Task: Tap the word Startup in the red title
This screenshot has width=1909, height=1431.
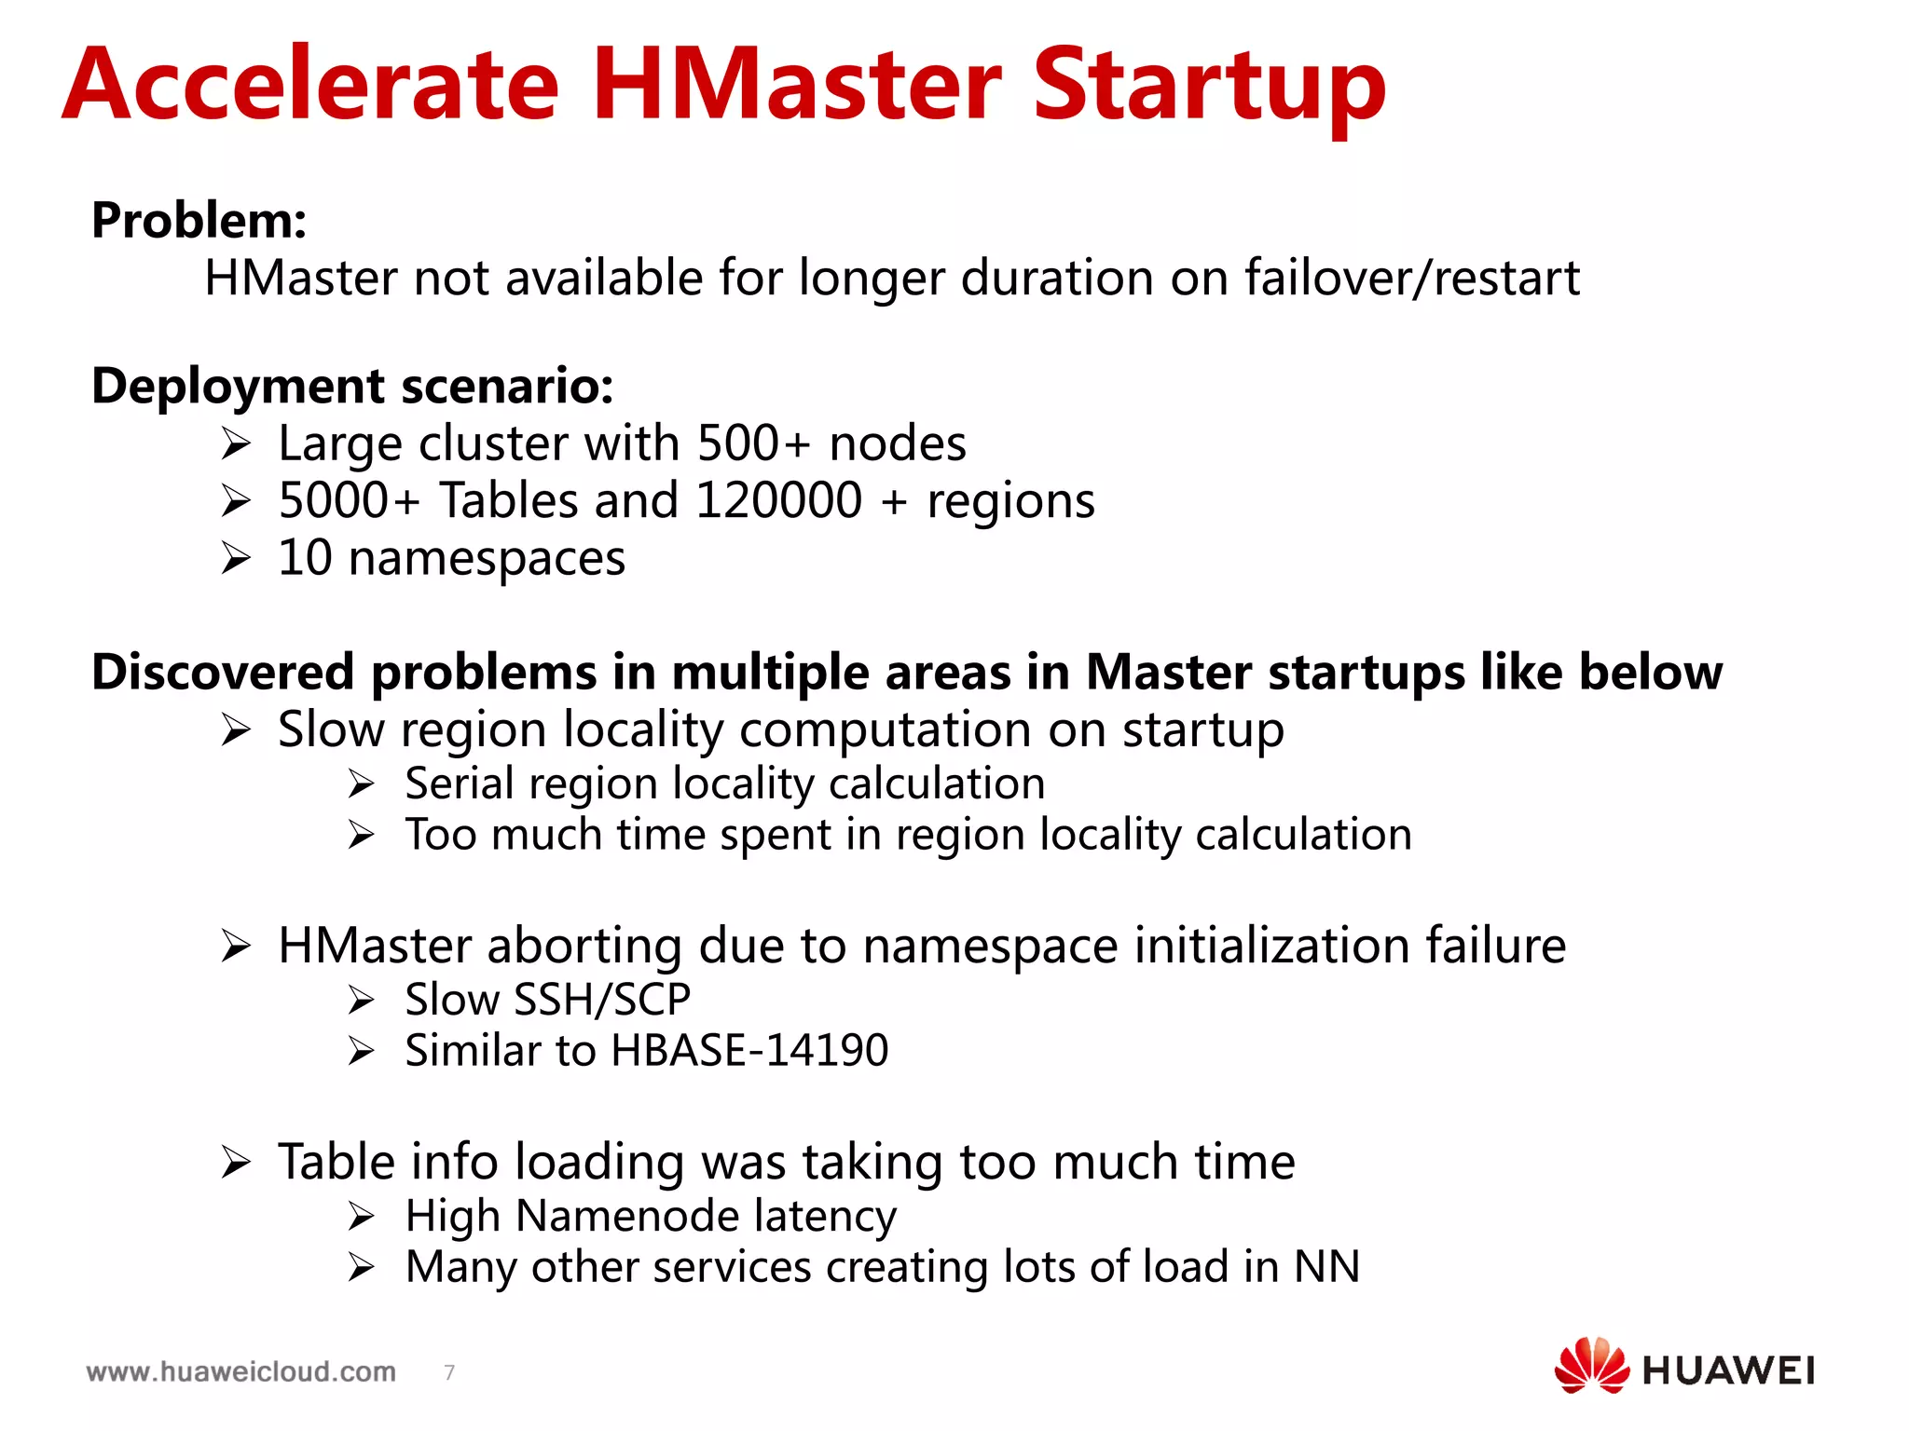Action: click(1209, 86)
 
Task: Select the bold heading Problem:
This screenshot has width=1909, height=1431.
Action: click(199, 221)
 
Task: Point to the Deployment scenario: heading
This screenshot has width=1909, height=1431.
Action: click(352, 386)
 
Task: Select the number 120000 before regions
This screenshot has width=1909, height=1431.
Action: click(778, 500)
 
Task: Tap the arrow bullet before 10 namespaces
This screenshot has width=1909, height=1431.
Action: click(237, 559)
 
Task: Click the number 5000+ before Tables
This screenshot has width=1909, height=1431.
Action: click(349, 500)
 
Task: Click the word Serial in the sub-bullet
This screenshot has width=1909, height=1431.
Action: click(459, 784)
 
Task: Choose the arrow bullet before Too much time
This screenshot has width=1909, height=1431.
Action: click(362, 835)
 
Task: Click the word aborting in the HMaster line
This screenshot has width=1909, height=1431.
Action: click(584, 946)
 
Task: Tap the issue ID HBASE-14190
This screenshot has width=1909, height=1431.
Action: click(749, 1051)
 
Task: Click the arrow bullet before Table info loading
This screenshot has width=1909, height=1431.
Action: click(237, 1163)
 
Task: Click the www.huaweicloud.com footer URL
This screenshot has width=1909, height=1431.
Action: click(240, 1371)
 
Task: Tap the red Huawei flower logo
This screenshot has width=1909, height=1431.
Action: click(1591, 1365)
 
